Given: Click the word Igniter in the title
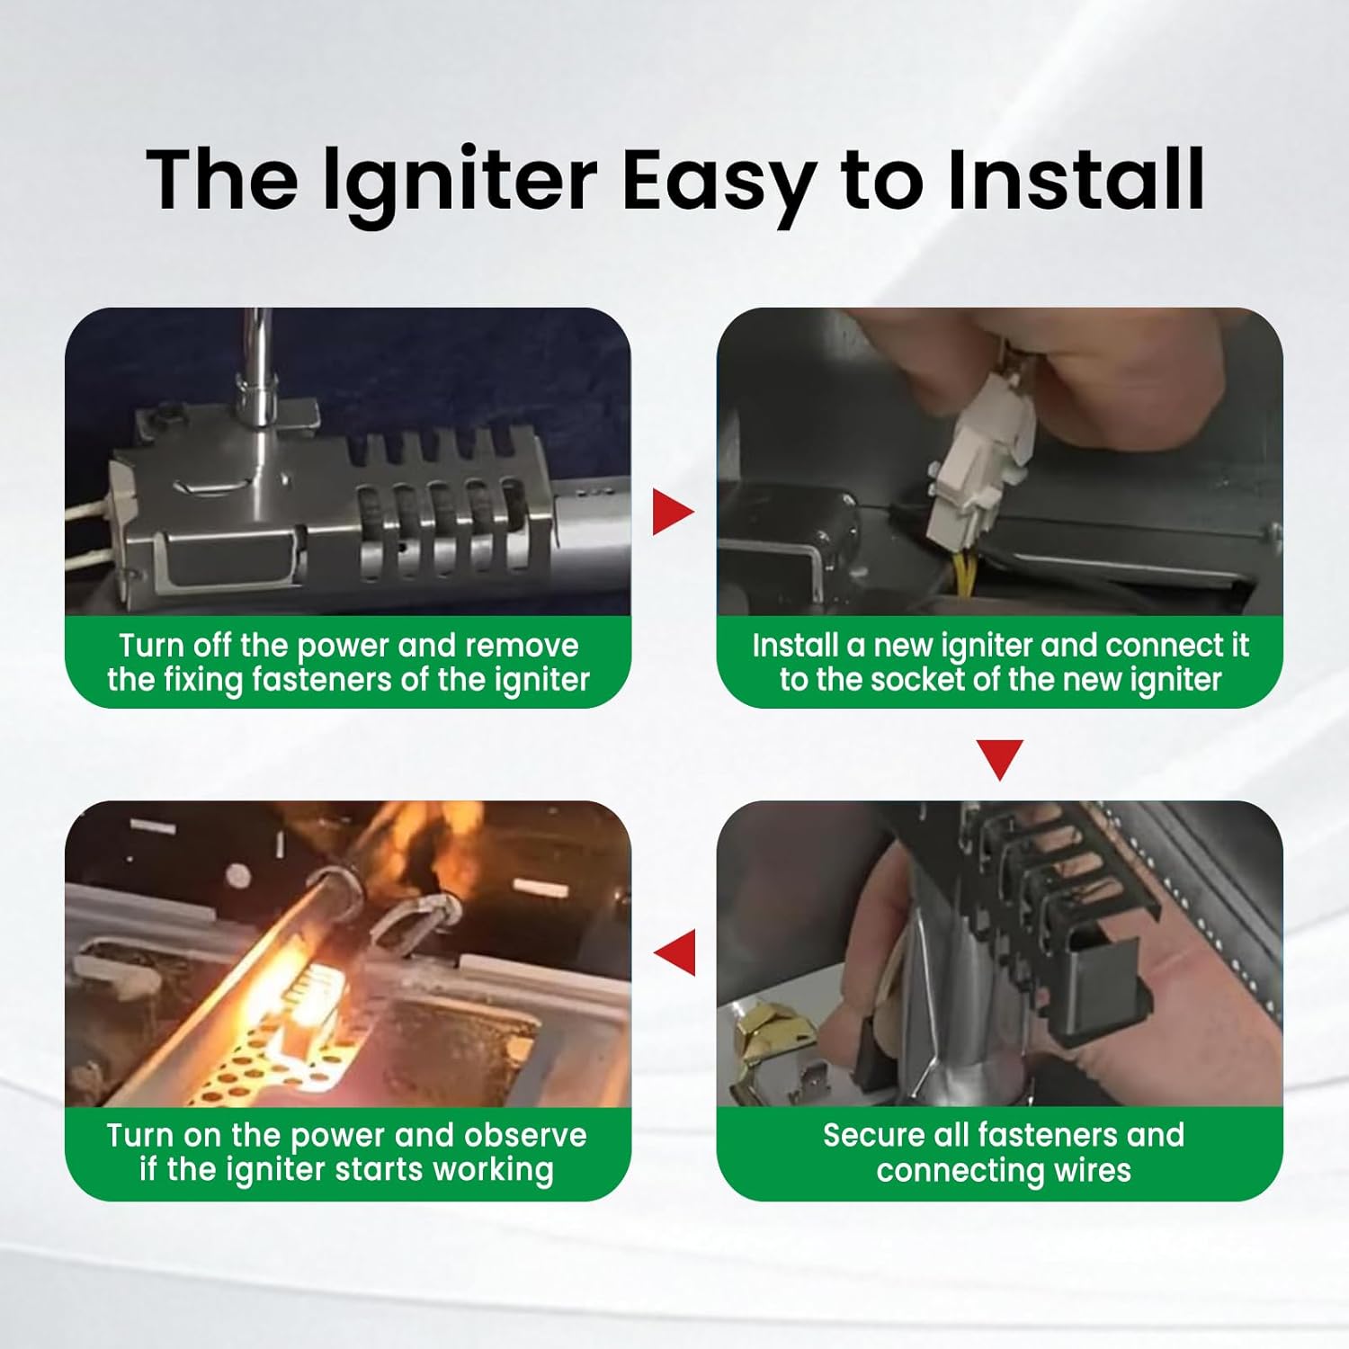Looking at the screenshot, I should point(460,180).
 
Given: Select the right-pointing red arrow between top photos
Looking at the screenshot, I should point(672,512).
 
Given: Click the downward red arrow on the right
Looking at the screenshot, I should point(999,758).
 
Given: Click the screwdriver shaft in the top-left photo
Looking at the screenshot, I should point(258,360).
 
